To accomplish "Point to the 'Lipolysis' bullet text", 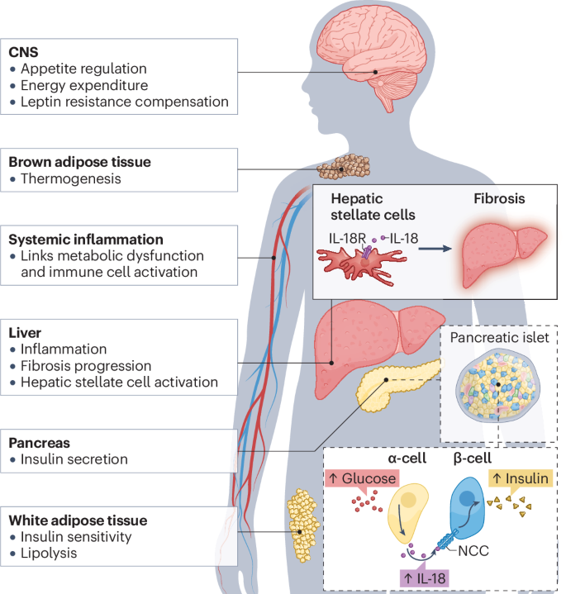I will click(49, 553).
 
